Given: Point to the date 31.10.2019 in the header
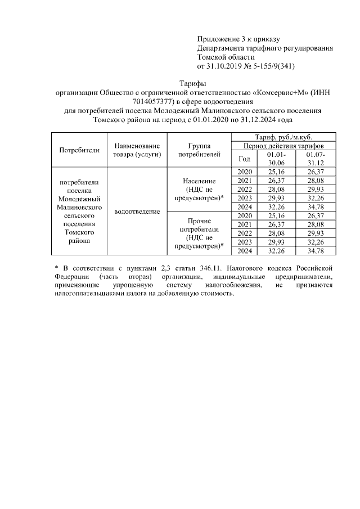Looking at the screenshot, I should point(224,66).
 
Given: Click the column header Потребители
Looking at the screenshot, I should point(79,150).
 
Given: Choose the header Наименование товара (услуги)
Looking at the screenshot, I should point(137,150).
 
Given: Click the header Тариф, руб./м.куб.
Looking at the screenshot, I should point(284,137).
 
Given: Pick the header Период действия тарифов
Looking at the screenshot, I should point(284,146).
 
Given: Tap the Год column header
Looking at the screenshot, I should point(244,159).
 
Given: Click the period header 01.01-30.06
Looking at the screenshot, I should point(276,159).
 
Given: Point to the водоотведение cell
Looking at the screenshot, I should point(137,211).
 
